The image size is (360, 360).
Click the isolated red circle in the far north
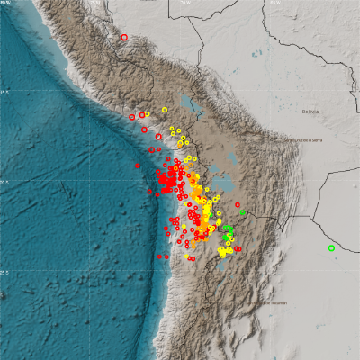pos(124,37)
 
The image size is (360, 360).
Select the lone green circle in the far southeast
pos(331,247)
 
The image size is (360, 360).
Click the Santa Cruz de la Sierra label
pos(302,141)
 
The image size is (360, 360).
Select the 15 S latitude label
pos(4,92)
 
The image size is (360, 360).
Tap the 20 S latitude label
pos(4,183)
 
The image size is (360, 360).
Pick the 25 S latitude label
pos(4,274)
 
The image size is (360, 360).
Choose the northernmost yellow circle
pos(166,110)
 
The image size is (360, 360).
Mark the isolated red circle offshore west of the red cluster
pos(138,165)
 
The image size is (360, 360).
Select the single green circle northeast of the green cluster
pos(242,212)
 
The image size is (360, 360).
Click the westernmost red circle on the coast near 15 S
pos(132,116)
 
